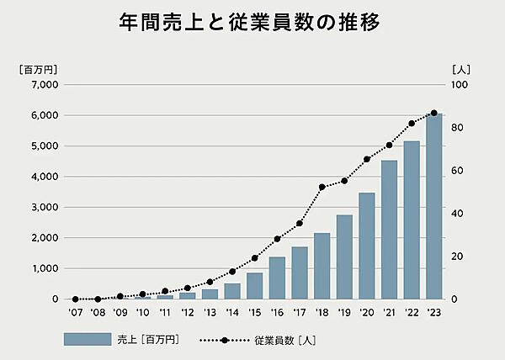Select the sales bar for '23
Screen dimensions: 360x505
click(433, 206)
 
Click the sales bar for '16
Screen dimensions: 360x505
click(277, 278)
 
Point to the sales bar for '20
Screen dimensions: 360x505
click(366, 246)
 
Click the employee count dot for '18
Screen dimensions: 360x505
click(322, 188)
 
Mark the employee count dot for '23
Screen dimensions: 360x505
click(433, 113)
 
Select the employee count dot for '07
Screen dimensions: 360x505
click(76, 299)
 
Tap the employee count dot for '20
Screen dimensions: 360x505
click(366, 159)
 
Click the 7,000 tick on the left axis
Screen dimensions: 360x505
click(41, 85)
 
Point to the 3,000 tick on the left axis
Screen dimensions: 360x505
click(41, 208)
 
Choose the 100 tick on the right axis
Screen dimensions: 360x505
click(459, 85)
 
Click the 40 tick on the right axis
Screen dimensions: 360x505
click(457, 214)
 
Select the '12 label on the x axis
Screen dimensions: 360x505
click(187, 313)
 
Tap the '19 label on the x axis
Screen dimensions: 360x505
click(343, 313)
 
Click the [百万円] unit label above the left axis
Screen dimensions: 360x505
click(38, 69)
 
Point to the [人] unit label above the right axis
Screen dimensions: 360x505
click(460, 69)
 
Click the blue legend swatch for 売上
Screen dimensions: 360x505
click(87, 340)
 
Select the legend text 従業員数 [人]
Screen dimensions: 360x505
click(285, 340)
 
